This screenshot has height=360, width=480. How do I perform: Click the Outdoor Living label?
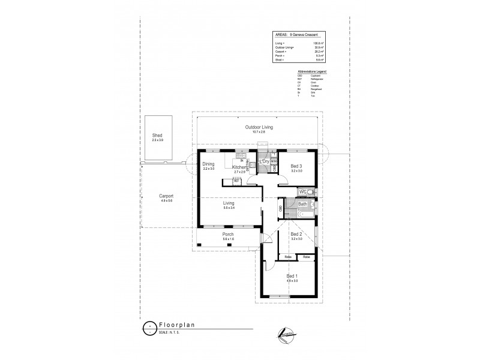259,127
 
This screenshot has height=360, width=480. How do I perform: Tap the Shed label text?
157,135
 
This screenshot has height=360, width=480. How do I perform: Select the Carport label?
166,196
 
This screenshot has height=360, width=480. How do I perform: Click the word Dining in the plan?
208,164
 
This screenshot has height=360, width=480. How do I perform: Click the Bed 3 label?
296,166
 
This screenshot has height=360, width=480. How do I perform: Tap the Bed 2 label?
296,233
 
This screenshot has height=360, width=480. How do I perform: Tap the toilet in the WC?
314,192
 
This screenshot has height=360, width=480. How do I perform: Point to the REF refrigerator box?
236,179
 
